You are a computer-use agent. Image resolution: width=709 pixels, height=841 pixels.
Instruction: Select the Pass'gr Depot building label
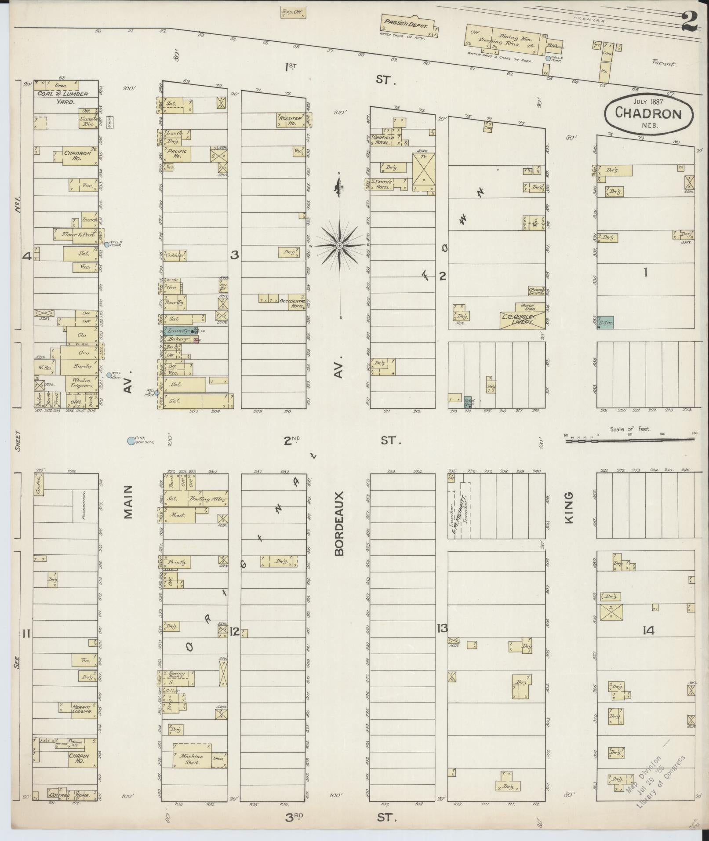[405, 25]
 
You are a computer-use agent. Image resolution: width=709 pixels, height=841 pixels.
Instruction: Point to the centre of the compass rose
[340, 245]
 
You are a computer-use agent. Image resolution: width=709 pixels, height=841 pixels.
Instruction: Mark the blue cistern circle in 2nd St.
[131, 441]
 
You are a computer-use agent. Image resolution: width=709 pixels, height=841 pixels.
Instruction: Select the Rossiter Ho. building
[290, 120]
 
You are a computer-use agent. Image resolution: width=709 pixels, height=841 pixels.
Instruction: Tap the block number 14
[648, 631]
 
